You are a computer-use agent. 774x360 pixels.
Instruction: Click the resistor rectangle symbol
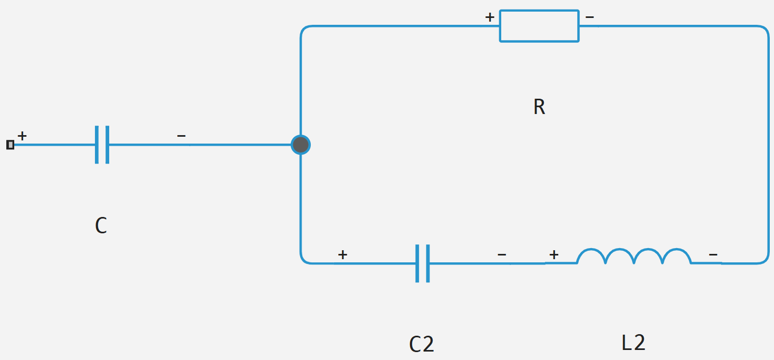tap(539, 26)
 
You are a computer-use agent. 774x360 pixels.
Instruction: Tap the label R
tap(539, 107)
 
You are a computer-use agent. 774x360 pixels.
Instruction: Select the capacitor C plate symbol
tap(102, 145)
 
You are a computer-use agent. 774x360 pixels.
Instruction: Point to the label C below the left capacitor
tap(101, 226)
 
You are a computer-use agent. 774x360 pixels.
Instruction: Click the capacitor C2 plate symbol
tap(423, 263)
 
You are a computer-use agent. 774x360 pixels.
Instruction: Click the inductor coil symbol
tap(634, 257)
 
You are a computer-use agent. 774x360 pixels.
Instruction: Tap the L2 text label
tap(633, 343)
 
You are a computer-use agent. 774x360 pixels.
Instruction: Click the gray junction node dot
tap(301, 145)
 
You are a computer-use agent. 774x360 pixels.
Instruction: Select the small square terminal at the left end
tap(10, 145)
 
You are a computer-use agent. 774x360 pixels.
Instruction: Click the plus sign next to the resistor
tap(490, 17)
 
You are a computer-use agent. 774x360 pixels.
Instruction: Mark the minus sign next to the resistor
tap(589, 17)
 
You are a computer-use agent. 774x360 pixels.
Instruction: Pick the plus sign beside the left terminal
tap(22, 136)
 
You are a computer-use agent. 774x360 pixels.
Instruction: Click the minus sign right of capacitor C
tap(181, 136)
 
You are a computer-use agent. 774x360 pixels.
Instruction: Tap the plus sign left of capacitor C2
tap(342, 255)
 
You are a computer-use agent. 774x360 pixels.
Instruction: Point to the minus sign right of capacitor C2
tap(502, 255)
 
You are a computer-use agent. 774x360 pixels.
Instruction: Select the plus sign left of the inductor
tap(553, 255)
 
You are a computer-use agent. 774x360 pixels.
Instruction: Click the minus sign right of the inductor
tap(713, 255)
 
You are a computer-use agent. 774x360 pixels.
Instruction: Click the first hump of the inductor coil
tap(591, 255)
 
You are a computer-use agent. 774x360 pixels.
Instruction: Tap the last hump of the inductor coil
tap(676, 255)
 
